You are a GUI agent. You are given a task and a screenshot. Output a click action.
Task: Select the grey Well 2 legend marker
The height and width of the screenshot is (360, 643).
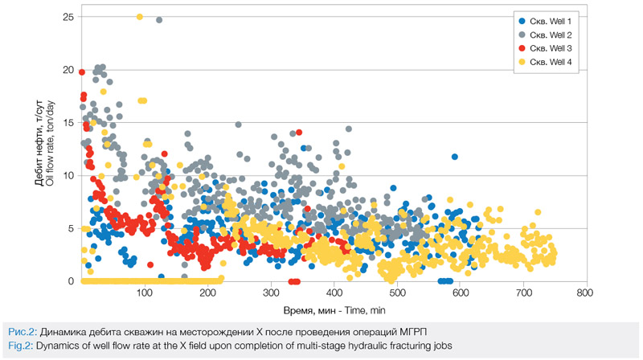pyautogui.click(x=522, y=35)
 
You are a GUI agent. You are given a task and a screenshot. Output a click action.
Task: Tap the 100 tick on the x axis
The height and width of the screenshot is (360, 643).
pyautogui.click(x=145, y=292)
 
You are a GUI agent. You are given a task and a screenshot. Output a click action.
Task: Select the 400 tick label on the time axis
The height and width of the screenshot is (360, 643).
pyautogui.click(x=334, y=292)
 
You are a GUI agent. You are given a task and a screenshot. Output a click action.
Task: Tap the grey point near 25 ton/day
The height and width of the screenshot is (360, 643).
pyautogui.click(x=159, y=20)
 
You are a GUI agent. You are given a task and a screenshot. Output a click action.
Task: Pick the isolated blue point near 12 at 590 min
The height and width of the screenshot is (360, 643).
pyautogui.click(x=455, y=157)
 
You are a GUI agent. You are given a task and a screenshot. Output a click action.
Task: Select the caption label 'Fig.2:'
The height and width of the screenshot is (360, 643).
pyautogui.click(x=22, y=345)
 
